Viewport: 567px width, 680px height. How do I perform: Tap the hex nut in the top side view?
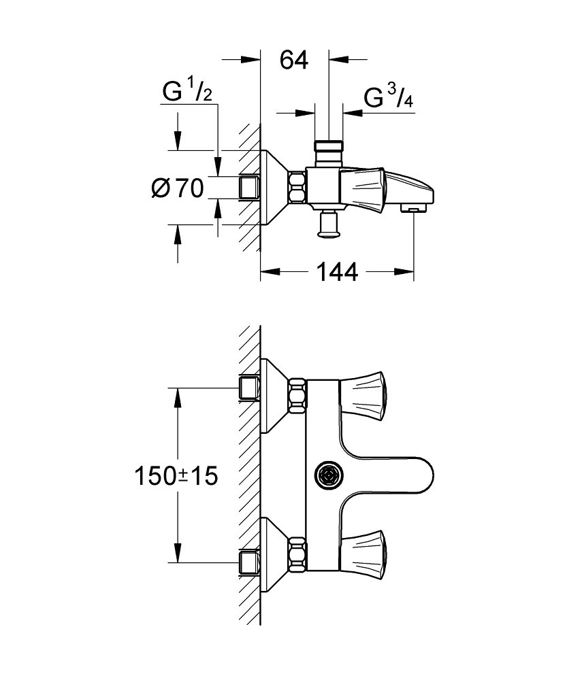297,187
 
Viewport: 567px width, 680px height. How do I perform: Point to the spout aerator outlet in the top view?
412,207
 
